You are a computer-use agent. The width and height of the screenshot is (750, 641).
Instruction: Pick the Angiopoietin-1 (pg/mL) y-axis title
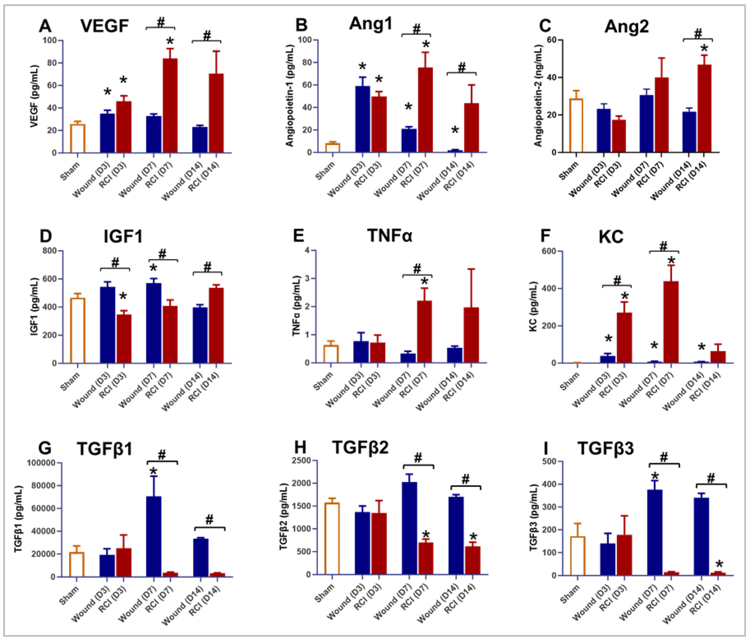tap(290, 96)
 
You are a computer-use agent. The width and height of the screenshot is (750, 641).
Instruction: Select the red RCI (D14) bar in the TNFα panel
tap(471, 335)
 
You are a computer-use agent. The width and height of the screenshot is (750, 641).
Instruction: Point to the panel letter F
tap(545, 236)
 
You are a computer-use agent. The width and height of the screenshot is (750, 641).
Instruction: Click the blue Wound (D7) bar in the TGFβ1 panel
tap(154, 536)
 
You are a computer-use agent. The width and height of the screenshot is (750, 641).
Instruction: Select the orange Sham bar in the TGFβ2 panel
tap(332, 539)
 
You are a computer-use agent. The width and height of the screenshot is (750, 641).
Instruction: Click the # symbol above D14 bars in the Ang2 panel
tap(698, 34)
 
